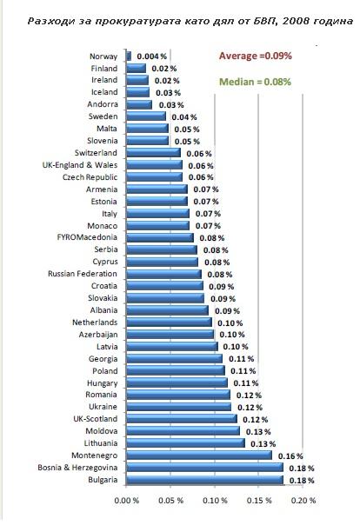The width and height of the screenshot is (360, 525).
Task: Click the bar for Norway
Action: tap(129, 56)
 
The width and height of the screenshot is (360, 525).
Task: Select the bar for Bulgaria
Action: tap(204, 480)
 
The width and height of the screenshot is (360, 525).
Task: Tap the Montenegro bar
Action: tap(199, 455)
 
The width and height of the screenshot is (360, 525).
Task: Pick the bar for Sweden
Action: tap(146, 116)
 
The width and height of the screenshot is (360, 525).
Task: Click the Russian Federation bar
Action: tap(163, 274)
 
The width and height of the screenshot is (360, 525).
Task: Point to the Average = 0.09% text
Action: tap(255, 56)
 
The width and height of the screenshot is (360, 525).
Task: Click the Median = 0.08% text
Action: tap(255, 82)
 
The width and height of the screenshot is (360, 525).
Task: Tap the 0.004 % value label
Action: tap(151, 56)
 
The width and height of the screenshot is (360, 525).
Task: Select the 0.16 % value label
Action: tap(290, 456)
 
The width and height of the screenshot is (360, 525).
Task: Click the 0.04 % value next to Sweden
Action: tap(184, 117)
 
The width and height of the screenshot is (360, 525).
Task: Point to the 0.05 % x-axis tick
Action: tap(170, 501)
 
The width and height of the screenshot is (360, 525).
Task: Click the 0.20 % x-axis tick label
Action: tap(303, 501)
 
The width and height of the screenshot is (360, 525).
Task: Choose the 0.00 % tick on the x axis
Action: tap(127, 501)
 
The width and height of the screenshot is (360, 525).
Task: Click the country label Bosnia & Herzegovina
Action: tap(77, 468)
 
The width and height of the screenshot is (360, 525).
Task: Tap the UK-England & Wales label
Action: tap(80, 165)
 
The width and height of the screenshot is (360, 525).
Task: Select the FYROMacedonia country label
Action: tap(87, 237)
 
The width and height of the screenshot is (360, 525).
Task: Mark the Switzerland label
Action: tap(96, 153)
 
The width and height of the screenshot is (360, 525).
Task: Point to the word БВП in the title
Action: tap(264, 22)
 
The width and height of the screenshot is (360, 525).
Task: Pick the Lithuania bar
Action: tap(185, 443)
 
